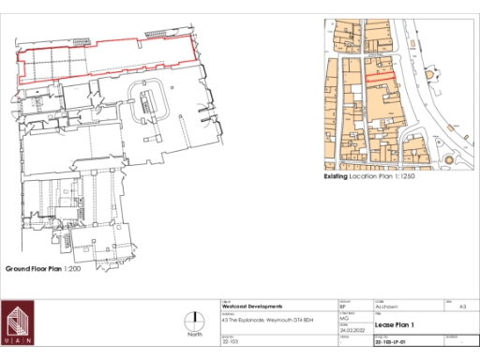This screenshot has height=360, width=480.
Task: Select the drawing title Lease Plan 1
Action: [x=395, y=324]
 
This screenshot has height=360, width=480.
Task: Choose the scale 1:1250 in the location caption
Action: [x=397, y=176]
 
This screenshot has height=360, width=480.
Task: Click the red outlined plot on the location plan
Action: [x=381, y=76]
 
